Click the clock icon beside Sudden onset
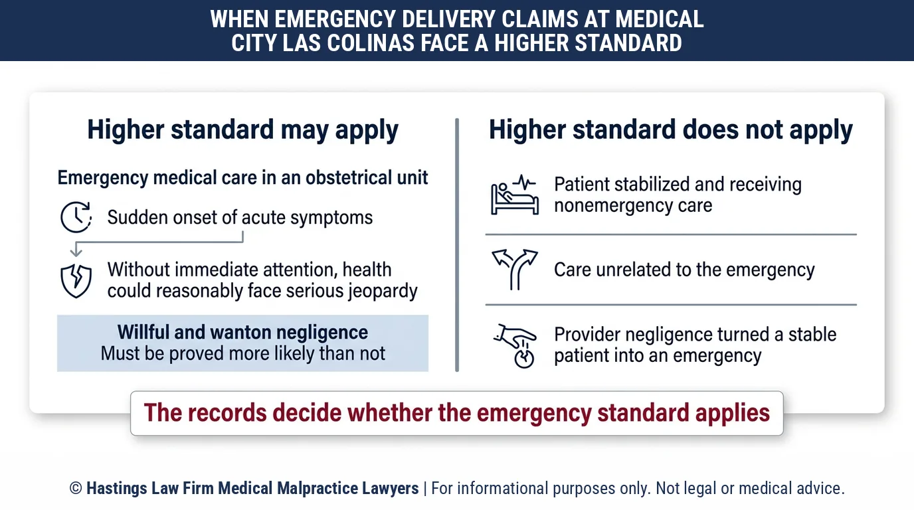click(76, 217)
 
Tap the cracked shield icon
click(76, 281)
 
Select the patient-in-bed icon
click(515, 195)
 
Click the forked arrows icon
click(515, 270)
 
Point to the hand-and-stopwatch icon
click(515, 346)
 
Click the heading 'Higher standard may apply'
click(243, 129)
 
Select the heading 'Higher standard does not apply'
click(671, 129)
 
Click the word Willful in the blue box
click(143, 332)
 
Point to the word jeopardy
click(383, 292)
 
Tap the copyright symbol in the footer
click(76, 488)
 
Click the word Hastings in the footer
click(117, 488)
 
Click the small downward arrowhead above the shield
click(76, 252)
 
